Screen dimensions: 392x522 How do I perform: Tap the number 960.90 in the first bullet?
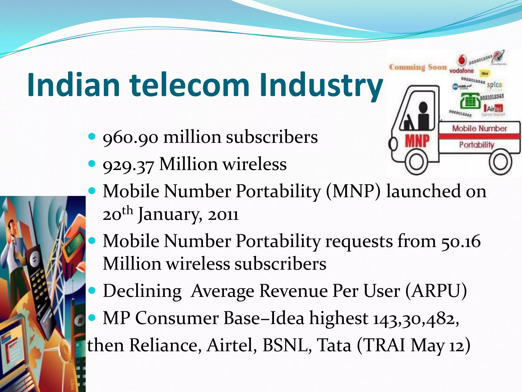pos(130,138)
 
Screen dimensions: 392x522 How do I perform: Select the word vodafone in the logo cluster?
pos(461,71)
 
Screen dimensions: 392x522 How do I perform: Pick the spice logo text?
pos(494,85)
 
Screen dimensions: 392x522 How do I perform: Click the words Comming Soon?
pos(418,67)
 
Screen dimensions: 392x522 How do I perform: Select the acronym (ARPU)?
pos(436,291)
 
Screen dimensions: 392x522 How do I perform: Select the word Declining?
pos(142,291)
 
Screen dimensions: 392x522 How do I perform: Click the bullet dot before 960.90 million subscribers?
pos(92,136)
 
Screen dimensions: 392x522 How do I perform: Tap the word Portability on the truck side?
pos(476,145)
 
